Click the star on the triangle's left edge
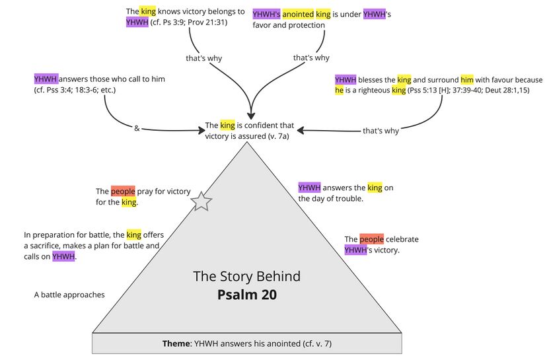pyautogui.click(x=201, y=201)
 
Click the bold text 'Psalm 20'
pyautogui.click(x=247, y=295)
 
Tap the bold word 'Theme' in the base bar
pyautogui.click(x=176, y=344)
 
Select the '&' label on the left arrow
pyautogui.click(x=137, y=129)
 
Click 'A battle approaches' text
pyautogui.click(x=69, y=295)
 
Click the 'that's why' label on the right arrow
pyautogui.click(x=381, y=131)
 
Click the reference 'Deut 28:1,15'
pyautogui.click(x=513, y=90)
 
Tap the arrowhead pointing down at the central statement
pyautogui.click(x=251, y=114)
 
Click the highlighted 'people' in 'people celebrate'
pyautogui.click(x=371, y=239)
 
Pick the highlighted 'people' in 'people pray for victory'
pyautogui.click(x=123, y=192)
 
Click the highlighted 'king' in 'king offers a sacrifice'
pyautogui.click(x=133, y=234)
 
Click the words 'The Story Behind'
pyautogui.click(x=246, y=276)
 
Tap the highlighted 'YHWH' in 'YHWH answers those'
pyautogui.click(x=46, y=79)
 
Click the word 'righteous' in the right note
pyautogui.click(x=370, y=90)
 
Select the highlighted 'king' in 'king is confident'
pyautogui.click(x=227, y=125)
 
